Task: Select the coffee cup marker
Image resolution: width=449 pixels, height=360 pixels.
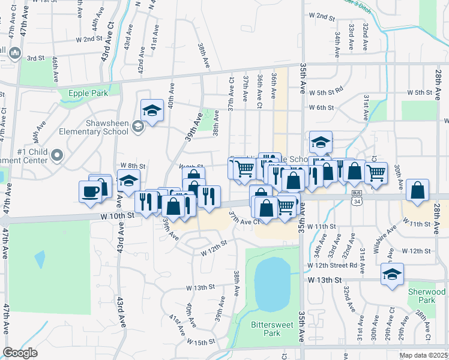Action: (x=90, y=191)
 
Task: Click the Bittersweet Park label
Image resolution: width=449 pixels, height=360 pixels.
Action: (x=265, y=329)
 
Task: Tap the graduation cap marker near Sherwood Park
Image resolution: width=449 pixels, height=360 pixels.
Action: (x=392, y=274)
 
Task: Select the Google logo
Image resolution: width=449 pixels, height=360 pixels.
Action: (x=20, y=353)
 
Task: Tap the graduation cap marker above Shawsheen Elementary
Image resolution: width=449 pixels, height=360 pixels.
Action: (x=152, y=110)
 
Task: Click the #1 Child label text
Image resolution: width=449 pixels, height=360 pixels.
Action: (x=31, y=151)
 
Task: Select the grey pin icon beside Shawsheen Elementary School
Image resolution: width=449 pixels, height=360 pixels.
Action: (x=139, y=125)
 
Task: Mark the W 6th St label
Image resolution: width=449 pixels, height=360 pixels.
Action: (x=321, y=107)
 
